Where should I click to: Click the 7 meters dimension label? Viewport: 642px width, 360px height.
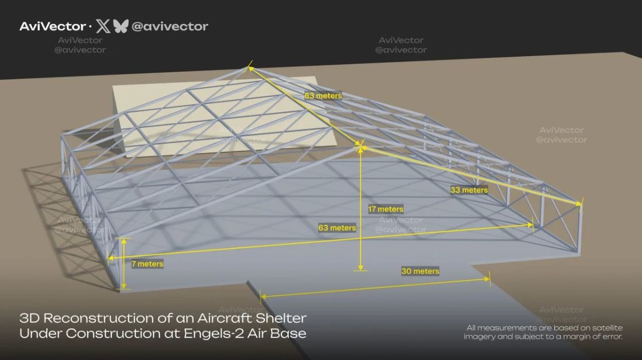(x=147, y=264)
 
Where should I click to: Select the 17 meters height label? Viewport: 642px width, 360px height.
(x=386, y=209)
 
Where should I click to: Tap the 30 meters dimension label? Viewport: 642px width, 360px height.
(x=420, y=271)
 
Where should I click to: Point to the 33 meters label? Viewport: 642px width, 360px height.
(x=469, y=190)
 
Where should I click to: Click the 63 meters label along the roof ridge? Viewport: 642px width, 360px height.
(x=323, y=96)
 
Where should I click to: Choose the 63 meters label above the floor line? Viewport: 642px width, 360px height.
(x=337, y=228)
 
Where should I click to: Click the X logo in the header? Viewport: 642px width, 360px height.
(x=103, y=26)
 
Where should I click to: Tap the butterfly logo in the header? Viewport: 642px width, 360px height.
(x=121, y=26)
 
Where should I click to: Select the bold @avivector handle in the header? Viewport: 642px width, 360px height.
(x=170, y=27)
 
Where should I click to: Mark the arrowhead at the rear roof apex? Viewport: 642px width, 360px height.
(x=250, y=68)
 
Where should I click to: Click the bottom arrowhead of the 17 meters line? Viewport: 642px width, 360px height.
(x=361, y=267)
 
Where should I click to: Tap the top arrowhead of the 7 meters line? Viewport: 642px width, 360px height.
(x=124, y=241)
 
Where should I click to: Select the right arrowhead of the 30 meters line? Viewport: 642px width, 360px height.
(x=487, y=279)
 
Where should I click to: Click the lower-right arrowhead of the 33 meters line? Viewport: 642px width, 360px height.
(x=579, y=203)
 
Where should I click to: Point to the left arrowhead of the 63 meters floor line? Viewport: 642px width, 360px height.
(x=111, y=258)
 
